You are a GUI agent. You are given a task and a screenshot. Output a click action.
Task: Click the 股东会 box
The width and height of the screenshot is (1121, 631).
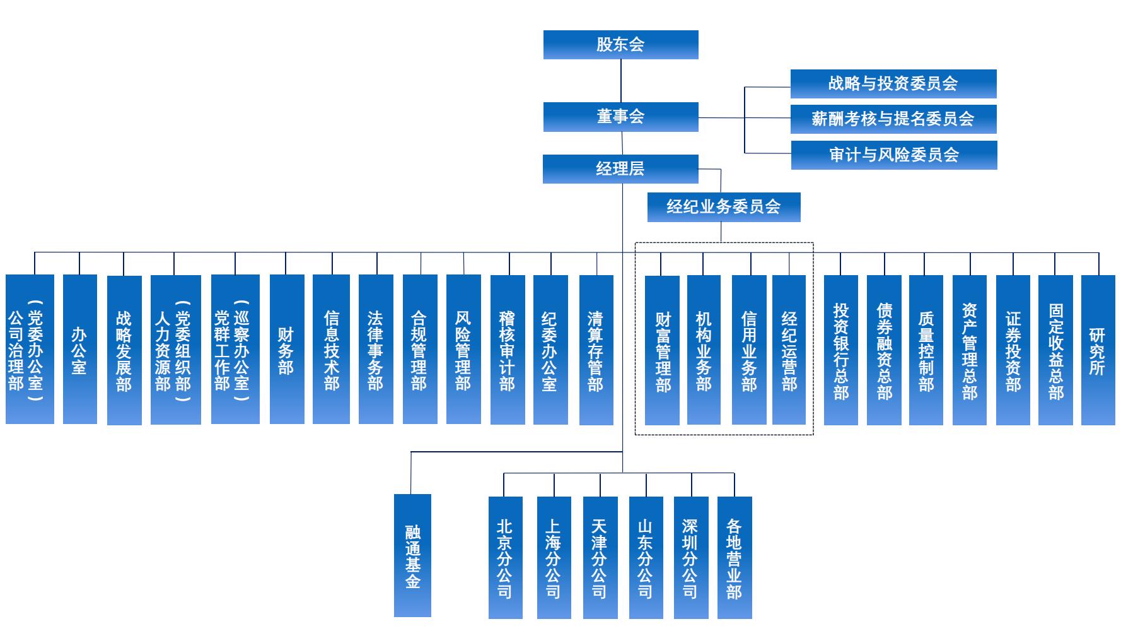(621, 45)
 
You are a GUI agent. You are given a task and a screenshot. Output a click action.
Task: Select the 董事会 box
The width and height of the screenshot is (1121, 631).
(621, 117)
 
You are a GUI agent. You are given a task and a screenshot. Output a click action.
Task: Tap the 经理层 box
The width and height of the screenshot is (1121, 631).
(620, 169)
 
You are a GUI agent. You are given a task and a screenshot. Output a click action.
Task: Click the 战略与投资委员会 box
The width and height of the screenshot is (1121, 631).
(893, 84)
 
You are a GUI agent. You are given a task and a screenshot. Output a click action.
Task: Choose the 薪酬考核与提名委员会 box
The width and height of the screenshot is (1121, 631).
(893, 119)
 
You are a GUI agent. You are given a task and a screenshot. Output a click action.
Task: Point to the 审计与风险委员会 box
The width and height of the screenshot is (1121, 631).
(894, 155)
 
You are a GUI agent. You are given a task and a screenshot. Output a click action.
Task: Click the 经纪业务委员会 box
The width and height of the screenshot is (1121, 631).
(724, 207)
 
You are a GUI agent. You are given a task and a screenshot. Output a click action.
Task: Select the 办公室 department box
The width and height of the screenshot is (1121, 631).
(80, 349)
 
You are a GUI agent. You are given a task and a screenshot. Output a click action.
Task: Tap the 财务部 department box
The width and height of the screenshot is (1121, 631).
(287, 349)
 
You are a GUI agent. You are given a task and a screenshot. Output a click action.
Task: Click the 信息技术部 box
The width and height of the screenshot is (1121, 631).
(331, 349)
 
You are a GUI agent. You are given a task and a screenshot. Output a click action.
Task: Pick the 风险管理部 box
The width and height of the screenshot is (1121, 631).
(463, 349)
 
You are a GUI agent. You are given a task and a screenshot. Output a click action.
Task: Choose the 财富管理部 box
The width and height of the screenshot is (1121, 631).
(663, 350)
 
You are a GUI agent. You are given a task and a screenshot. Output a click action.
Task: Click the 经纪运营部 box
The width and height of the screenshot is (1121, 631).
(789, 350)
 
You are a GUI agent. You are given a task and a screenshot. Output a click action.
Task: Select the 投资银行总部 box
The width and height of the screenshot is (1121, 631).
(841, 350)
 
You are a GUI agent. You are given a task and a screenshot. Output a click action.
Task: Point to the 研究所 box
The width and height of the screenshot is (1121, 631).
(1098, 350)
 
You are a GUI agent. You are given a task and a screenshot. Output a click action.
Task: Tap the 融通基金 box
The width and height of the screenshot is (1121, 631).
(412, 555)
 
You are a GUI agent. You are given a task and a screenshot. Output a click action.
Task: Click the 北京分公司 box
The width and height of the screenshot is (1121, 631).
(506, 558)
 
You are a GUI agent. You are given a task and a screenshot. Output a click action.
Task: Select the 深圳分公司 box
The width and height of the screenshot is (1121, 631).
(691, 558)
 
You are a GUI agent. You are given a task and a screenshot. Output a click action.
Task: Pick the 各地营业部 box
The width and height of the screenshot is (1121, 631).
(735, 558)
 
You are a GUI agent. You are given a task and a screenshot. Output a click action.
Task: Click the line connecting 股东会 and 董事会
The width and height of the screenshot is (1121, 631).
(621, 81)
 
